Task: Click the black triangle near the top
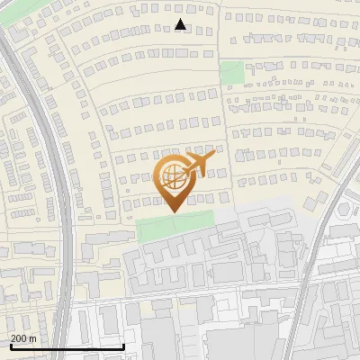181,24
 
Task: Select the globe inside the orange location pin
172,179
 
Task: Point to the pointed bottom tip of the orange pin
172,211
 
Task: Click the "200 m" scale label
23,338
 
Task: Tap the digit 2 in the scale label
13,338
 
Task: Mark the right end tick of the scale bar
123,346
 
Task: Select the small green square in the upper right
232,71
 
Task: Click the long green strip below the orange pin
175,222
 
